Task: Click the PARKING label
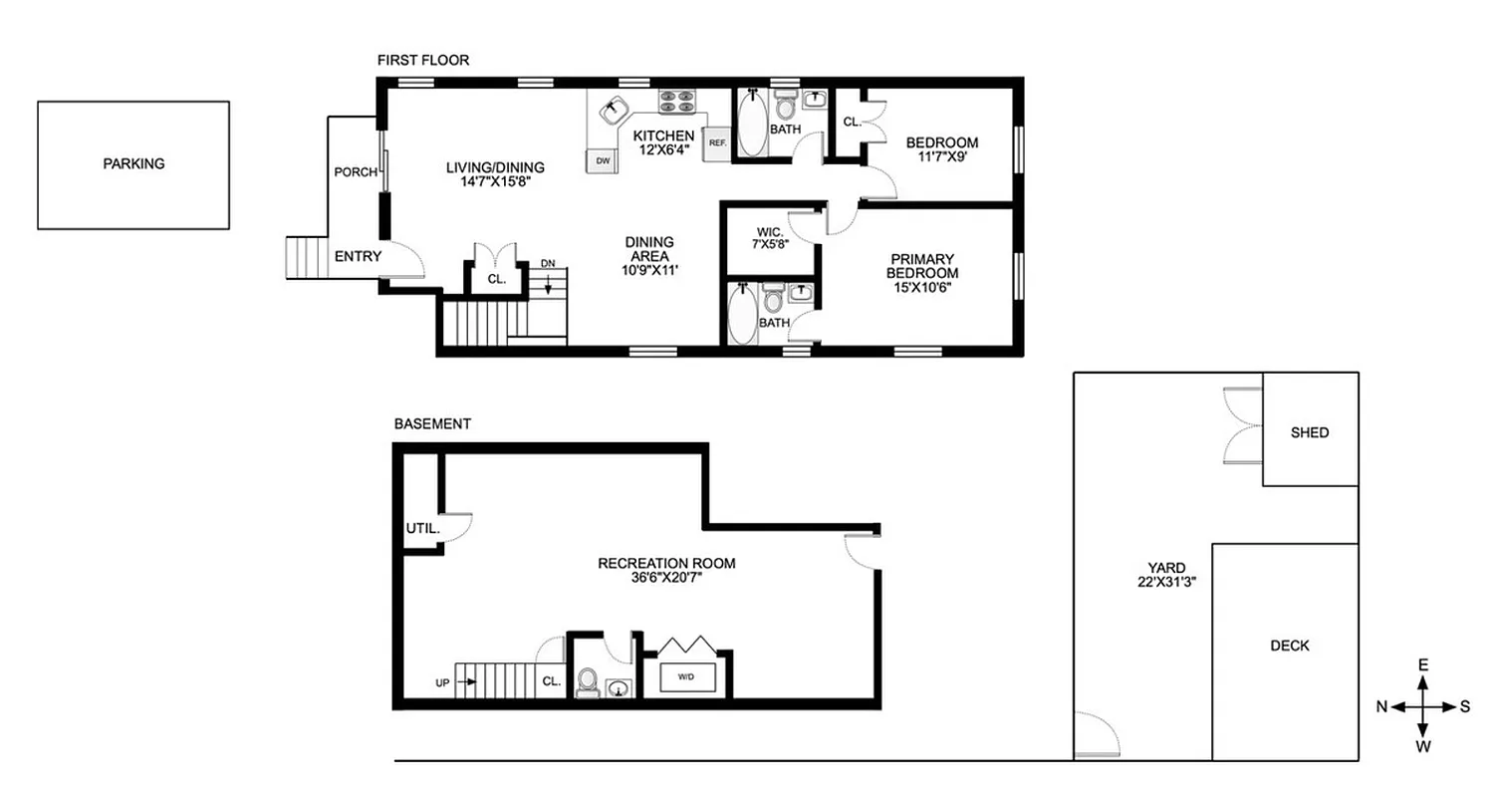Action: coord(133,164)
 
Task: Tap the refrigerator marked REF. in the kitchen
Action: coord(717,142)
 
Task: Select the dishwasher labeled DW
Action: coord(602,160)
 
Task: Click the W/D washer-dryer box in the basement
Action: coord(686,677)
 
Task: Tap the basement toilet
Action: coord(589,682)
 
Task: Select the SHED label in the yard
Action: coord(1310,432)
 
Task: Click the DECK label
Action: coord(1290,646)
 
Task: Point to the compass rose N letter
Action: coord(1381,706)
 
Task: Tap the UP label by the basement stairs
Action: coord(442,683)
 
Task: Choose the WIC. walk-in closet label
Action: coord(769,232)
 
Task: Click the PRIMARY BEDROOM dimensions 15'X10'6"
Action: coord(924,288)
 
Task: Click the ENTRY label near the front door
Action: coord(358,256)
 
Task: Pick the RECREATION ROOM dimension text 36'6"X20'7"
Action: coord(666,578)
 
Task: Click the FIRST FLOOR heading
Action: coord(422,61)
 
